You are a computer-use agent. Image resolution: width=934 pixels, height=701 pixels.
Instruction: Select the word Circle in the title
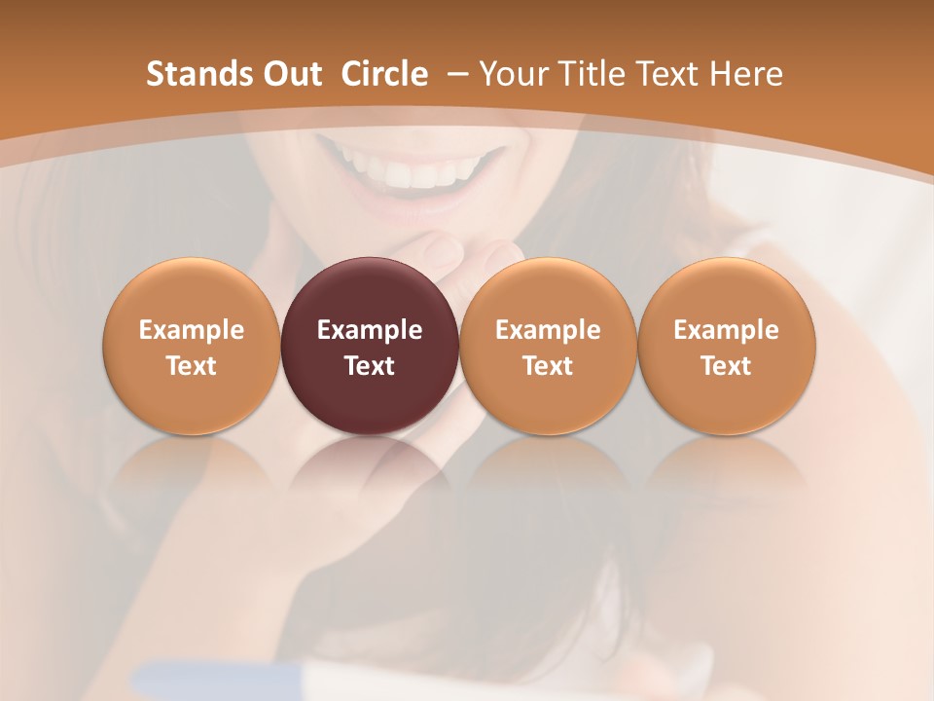point(384,74)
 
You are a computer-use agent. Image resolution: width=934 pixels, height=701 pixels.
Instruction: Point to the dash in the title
point(456,74)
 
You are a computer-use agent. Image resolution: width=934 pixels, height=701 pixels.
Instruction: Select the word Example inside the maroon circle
point(370,330)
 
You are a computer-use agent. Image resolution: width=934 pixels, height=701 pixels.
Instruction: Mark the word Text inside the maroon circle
point(370,366)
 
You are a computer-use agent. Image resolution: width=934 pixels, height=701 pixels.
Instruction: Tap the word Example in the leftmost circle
point(192,330)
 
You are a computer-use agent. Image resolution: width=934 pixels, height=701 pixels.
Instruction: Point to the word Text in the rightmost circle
point(726,366)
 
